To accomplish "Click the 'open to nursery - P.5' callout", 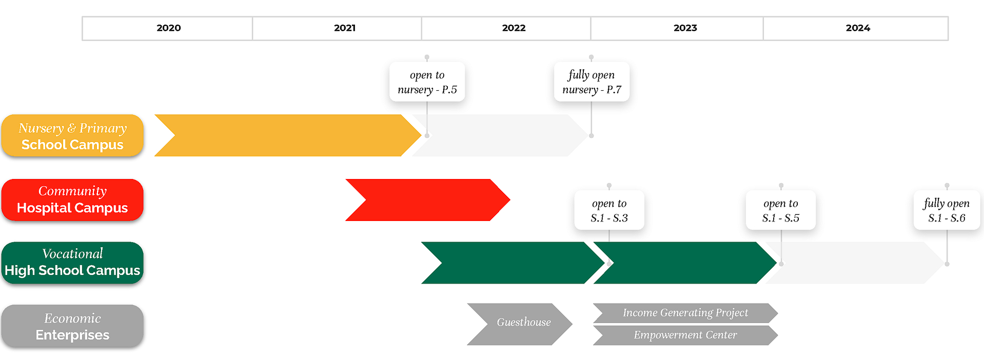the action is click(x=427, y=82).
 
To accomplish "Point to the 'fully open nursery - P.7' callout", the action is click(x=592, y=82).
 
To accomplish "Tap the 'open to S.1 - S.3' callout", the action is click(x=609, y=210).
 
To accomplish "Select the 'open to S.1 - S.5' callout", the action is click(x=781, y=210).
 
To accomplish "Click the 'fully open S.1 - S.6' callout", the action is click(x=947, y=210).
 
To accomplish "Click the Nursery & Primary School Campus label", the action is click(x=72, y=135).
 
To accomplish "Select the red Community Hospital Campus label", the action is click(x=72, y=200).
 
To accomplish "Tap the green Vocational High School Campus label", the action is click(x=72, y=263).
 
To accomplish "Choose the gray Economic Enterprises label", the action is click(x=72, y=326).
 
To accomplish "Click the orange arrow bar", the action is click(x=288, y=135).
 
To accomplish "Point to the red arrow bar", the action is click(x=428, y=200).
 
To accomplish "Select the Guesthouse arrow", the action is click(x=520, y=324).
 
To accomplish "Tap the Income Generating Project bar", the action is click(x=685, y=313).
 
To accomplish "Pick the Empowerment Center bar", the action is click(x=685, y=335).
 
